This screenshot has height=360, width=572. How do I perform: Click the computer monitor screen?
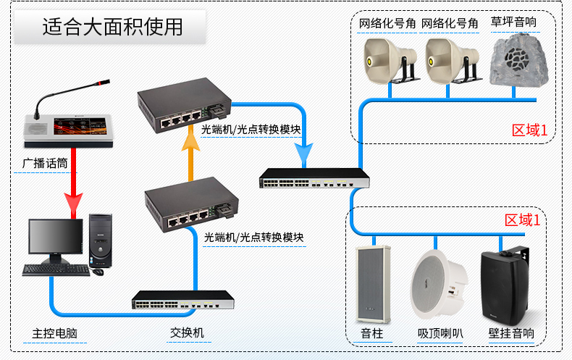55,238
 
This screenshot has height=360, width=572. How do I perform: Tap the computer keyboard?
55,270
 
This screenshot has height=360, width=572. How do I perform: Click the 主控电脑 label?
54,334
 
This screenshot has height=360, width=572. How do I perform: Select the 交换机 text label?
187,332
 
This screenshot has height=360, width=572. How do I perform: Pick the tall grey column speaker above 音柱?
373,283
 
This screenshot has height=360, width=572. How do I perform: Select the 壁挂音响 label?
511,334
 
